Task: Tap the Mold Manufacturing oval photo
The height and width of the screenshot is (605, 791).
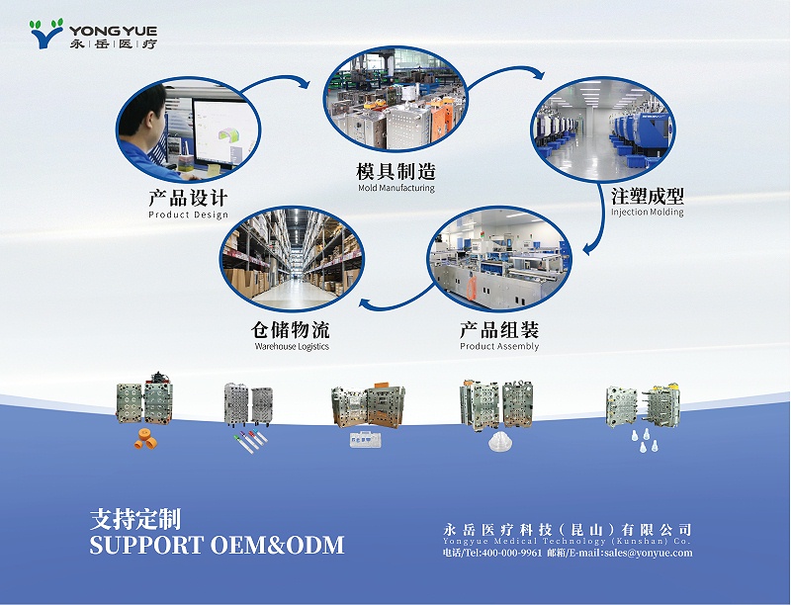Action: point(395,96)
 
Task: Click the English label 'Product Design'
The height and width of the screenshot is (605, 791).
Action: point(188,215)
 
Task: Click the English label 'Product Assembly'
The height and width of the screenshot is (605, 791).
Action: point(499,347)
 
